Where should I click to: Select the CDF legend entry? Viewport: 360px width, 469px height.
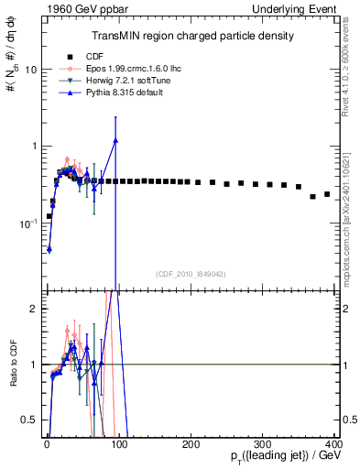pos(82,57)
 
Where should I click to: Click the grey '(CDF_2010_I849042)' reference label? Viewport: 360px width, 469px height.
pos(190,274)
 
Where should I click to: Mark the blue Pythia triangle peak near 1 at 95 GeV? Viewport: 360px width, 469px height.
pos(115,141)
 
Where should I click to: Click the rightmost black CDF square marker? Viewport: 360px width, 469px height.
pos(327,194)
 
